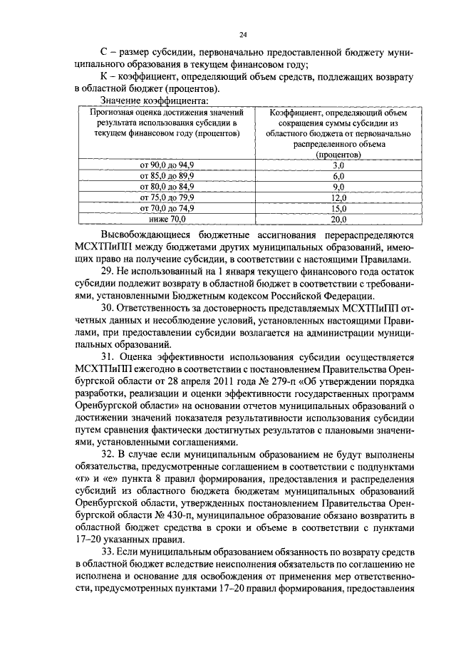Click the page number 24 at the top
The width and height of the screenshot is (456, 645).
click(x=244, y=33)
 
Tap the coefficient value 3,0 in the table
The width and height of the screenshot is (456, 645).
click(x=338, y=165)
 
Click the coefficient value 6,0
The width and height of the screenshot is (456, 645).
click(x=338, y=175)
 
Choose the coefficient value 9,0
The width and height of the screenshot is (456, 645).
click(x=338, y=186)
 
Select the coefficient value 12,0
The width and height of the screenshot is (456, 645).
click(x=338, y=197)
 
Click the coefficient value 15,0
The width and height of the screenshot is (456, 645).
click(x=338, y=208)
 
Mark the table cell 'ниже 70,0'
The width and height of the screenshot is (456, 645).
click(x=171, y=219)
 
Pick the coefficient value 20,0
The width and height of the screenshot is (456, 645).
click(x=338, y=219)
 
